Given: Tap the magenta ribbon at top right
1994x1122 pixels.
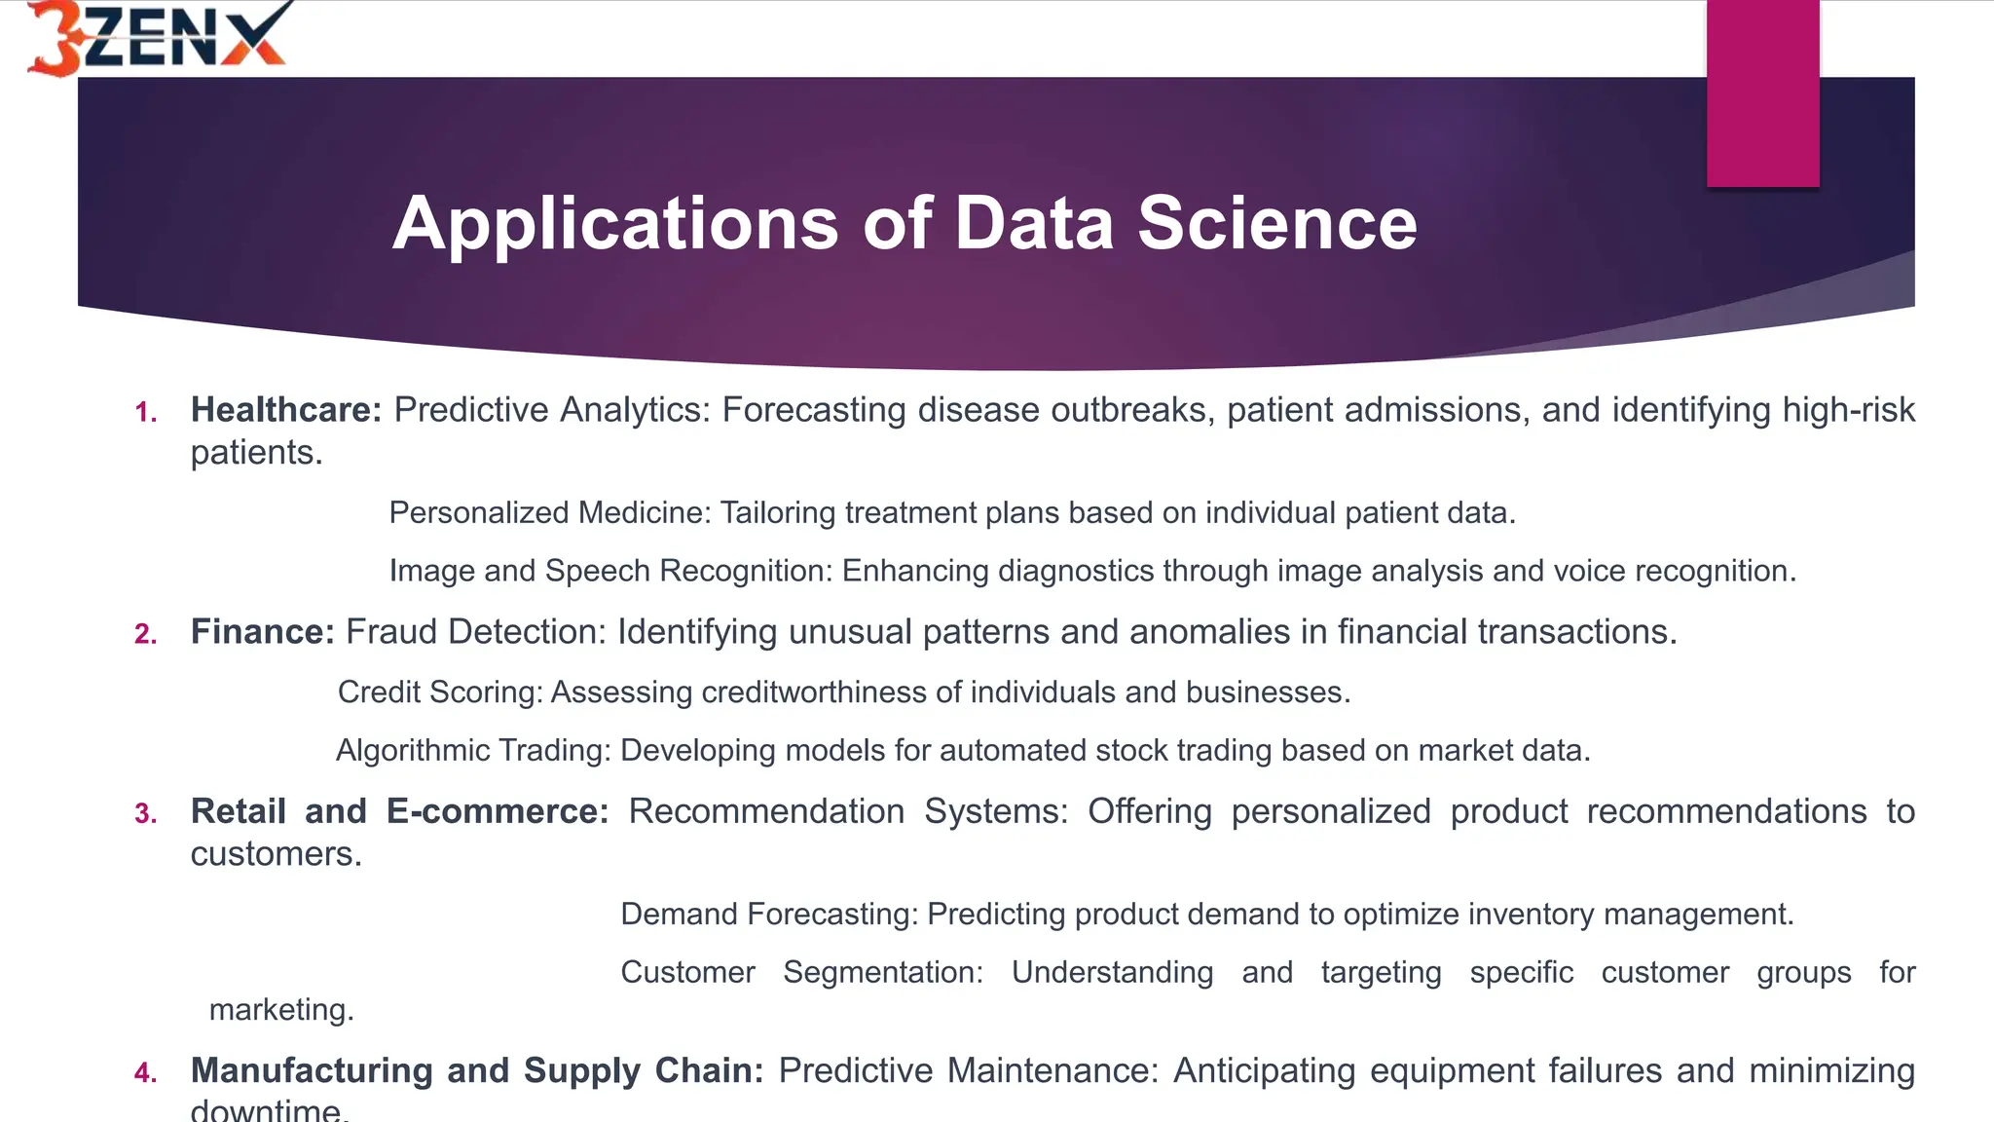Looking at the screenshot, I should (x=1762, y=93).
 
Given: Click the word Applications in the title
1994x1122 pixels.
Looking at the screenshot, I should (x=614, y=224).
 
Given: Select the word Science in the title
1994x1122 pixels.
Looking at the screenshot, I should (x=1276, y=224).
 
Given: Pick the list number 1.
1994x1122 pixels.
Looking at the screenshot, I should (x=146, y=413).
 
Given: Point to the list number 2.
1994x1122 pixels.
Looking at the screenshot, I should (x=146, y=635).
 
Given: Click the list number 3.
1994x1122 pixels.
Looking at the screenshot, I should (x=146, y=814).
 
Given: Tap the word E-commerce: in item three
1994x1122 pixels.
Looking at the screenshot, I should (x=498, y=811).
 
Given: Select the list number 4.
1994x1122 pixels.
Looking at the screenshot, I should (x=146, y=1073).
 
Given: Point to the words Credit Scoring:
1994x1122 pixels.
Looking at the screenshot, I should (x=440, y=692).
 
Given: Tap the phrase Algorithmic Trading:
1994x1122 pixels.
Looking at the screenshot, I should (x=473, y=751).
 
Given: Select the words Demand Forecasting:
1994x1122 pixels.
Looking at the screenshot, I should (x=769, y=915).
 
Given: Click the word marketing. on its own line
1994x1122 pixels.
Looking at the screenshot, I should (x=281, y=1010).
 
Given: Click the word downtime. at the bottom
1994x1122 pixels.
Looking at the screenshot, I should (x=270, y=1110).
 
